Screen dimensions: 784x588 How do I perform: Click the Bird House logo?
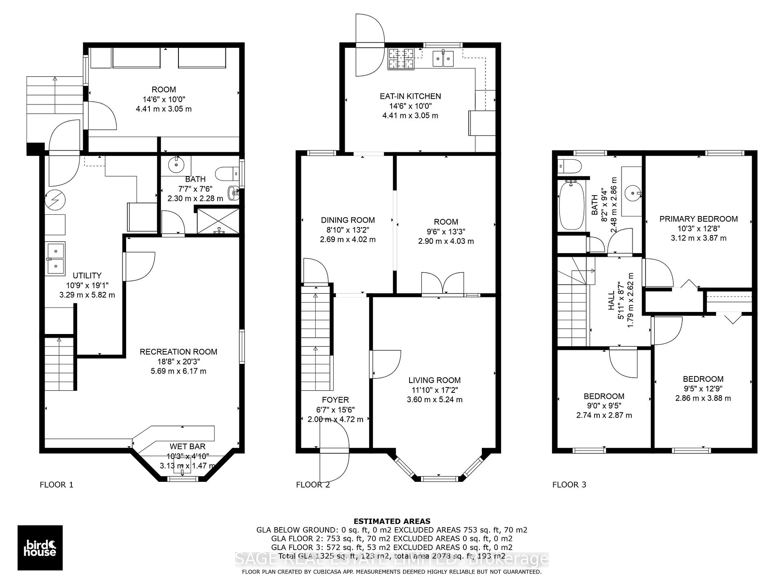tap(40, 548)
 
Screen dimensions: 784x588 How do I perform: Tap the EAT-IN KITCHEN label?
tap(410, 96)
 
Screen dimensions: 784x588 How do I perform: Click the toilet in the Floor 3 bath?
tap(569, 165)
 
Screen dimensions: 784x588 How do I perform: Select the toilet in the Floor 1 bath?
tap(227, 174)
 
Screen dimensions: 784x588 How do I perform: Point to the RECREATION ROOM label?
tap(178, 352)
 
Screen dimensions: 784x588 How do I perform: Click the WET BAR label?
tap(187, 447)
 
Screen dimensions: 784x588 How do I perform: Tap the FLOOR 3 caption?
tap(569, 485)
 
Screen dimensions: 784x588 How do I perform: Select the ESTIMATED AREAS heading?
tap(392, 521)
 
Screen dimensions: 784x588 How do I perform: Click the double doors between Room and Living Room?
tap(443, 283)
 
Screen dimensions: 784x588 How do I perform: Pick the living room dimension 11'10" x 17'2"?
tap(434, 390)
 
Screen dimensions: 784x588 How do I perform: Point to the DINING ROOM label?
tap(348, 220)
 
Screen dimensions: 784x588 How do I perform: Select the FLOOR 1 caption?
tap(56, 485)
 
